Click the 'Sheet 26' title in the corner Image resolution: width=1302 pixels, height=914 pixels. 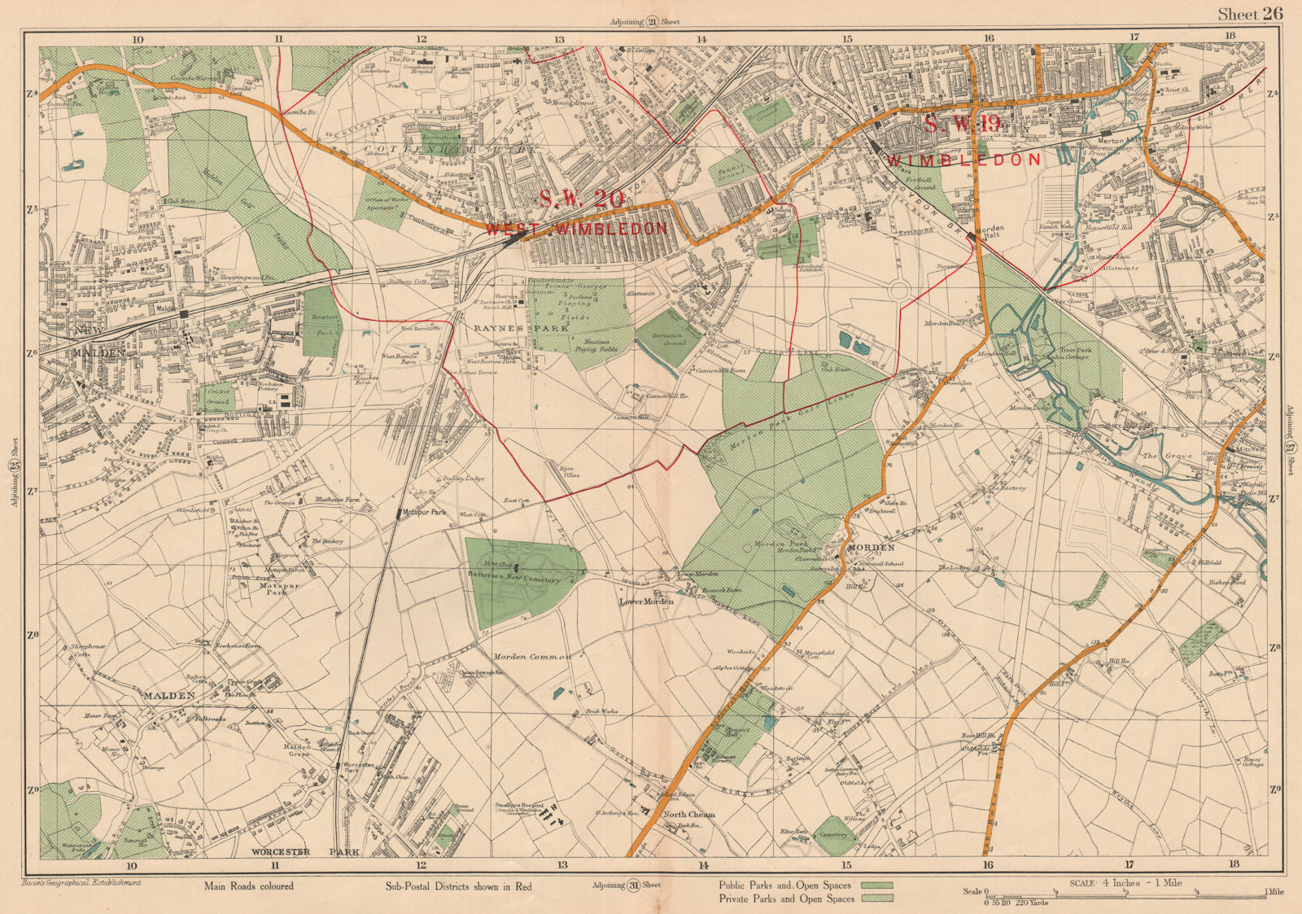pos(1249,14)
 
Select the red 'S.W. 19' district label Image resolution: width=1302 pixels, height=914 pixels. pos(961,124)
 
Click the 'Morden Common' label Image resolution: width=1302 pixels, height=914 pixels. pos(532,656)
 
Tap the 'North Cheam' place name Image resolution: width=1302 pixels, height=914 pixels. pos(688,814)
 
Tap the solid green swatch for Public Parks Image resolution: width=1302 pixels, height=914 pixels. pos(876,885)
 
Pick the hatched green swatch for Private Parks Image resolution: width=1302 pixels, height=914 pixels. pos(876,899)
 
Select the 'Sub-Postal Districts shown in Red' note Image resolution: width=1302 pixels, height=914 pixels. pos(458,886)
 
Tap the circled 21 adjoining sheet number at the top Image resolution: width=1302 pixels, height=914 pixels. pos(652,23)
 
